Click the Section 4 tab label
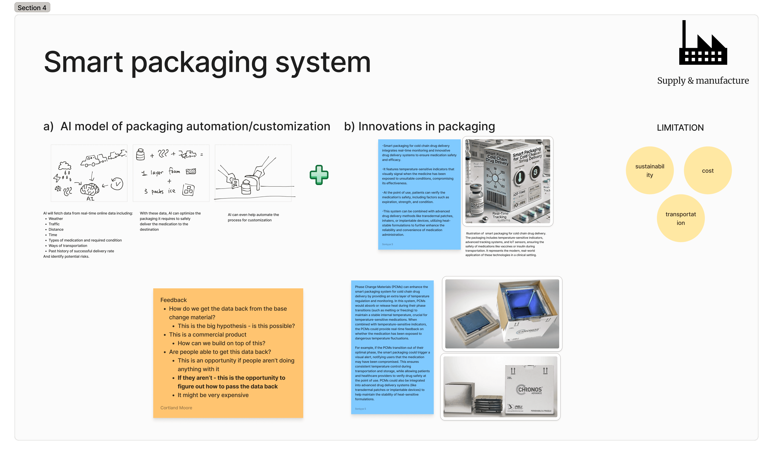[32, 8]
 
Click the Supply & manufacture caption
[703, 81]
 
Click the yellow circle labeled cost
[708, 170]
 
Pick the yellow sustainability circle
[650, 170]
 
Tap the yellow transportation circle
[681, 218]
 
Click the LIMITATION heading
[680, 128]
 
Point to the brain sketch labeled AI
[90, 189]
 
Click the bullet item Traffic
[54, 224]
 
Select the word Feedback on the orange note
[173, 300]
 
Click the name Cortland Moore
[176, 408]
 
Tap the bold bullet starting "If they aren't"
[231, 382]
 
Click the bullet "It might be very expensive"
[213, 395]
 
